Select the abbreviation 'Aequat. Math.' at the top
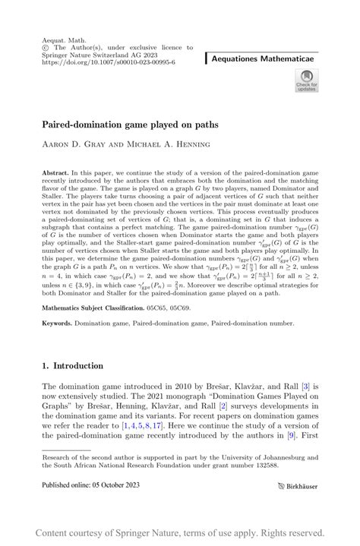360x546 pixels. click(61, 36)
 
